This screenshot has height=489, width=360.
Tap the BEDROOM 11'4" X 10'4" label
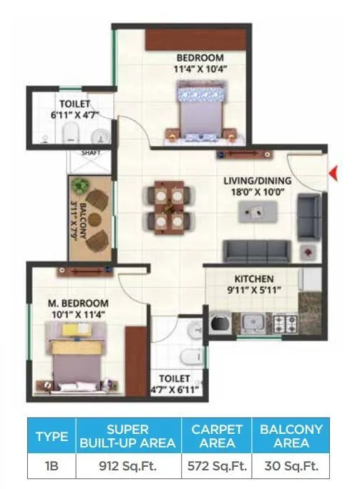click(x=200, y=63)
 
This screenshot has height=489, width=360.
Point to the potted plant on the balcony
click(x=81, y=188)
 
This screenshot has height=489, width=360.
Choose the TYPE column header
click(x=52, y=436)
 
